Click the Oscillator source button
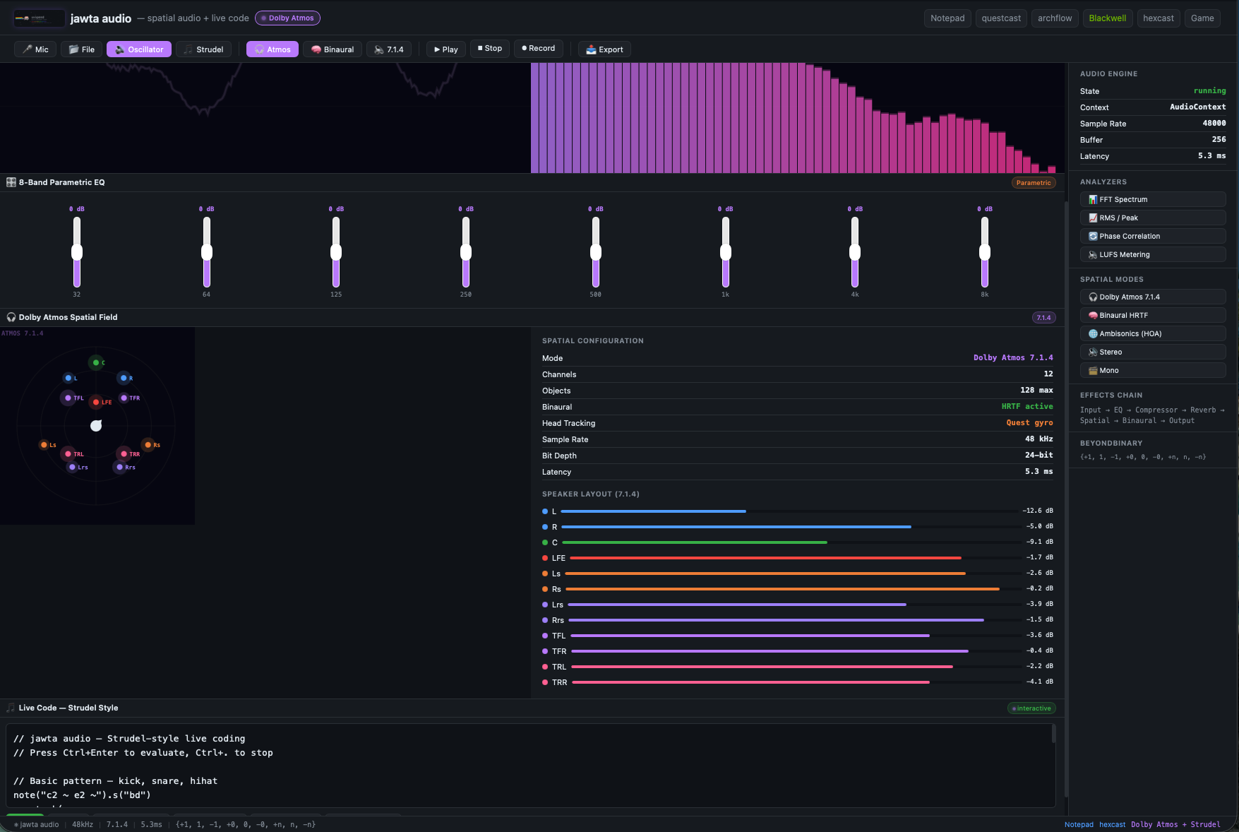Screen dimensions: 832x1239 coord(139,49)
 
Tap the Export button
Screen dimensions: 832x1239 coord(604,49)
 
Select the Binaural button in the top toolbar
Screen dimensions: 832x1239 coord(333,49)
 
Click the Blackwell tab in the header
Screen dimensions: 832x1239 coord(1107,18)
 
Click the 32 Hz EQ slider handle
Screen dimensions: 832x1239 coord(77,252)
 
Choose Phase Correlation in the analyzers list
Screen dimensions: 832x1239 coord(1152,237)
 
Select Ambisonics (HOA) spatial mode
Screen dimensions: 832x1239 coord(1152,334)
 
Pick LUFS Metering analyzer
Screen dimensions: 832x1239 coord(1152,255)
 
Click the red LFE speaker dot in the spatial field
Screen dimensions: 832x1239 coord(96,402)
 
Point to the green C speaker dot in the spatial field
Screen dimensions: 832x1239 coord(96,362)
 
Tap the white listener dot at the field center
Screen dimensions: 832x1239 coord(96,425)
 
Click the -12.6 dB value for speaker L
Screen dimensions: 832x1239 coord(1037,511)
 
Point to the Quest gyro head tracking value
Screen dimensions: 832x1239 coord(1029,423)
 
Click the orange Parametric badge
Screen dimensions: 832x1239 coord(1034,183)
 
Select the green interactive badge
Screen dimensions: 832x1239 coord(1031,708)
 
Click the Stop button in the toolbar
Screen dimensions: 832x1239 coord(490,49)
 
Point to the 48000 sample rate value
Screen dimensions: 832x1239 coord(1214,124)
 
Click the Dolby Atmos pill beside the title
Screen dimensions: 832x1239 coord(287,18)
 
